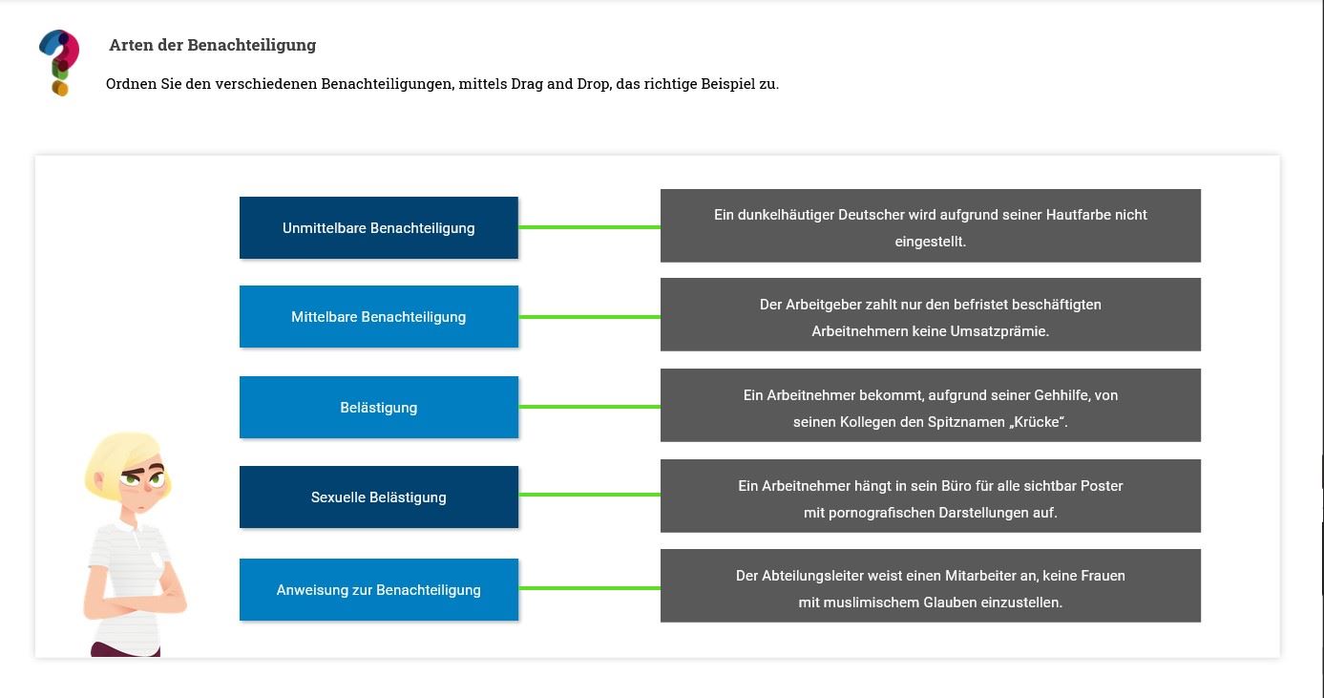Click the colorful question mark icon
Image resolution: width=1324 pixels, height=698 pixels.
coord(59,62)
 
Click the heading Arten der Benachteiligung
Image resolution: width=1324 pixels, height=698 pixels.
coord(212,45)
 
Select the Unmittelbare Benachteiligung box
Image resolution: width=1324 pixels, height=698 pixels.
coord(379,227)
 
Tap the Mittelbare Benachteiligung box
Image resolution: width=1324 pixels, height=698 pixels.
coord(379,317)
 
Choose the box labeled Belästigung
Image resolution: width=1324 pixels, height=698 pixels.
coord(379,407)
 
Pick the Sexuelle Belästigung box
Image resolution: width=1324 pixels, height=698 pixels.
coord(379,497)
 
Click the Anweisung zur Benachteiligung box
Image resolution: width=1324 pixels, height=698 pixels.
coord(379,590)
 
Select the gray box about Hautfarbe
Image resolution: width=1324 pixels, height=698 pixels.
coord(931,225)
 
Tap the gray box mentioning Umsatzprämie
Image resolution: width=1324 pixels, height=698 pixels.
coord(931,314)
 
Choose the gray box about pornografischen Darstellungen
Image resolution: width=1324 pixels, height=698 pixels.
coord(931,496)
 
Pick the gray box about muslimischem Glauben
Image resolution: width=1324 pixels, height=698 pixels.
coord(931,585)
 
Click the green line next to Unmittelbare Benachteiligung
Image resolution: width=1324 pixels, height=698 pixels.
coord(589,227)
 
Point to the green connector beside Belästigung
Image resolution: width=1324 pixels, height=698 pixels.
coord(589,407)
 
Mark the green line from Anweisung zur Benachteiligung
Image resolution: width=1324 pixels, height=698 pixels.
coord(589,588)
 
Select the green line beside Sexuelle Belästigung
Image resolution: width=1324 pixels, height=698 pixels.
coord(589,495)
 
